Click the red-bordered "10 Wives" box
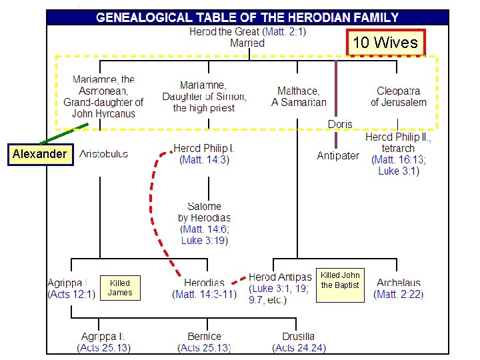[385, 43]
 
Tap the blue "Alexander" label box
[39, 154]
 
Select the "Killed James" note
[120, 287]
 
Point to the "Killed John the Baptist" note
[340, 280]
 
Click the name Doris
[340, 125]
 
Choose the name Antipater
[337, 155]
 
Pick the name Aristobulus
[104, 154]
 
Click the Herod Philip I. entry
[204, 153]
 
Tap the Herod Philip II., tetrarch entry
[398, 154]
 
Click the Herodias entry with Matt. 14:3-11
[204, 288]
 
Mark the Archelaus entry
[399, 288]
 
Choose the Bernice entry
[204, 342]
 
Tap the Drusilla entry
[298, 342]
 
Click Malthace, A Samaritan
[299, 97]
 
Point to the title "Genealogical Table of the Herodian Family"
[247, 18]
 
